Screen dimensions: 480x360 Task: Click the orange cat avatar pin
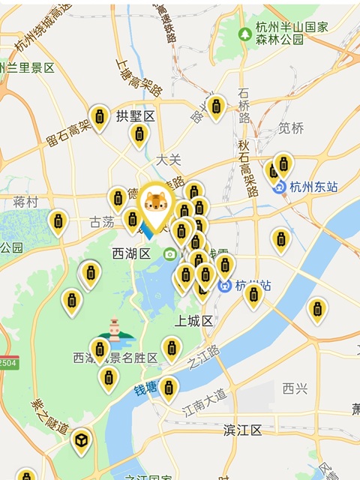155,203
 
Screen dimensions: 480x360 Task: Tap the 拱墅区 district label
135,116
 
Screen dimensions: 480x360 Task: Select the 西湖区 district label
132,253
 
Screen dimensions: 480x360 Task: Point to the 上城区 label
194,320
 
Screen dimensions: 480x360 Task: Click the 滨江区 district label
243,430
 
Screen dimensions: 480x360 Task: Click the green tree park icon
244,34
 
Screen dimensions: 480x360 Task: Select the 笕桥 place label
291,127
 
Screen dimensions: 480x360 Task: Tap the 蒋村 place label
25,202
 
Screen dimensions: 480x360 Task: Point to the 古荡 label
103,223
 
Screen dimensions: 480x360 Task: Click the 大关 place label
169,160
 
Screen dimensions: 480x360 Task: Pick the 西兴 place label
295,388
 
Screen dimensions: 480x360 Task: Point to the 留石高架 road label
67,135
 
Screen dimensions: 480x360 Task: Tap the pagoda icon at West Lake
114,328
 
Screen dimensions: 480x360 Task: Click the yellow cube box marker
79,442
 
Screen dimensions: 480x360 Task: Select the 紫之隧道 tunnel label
49,417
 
